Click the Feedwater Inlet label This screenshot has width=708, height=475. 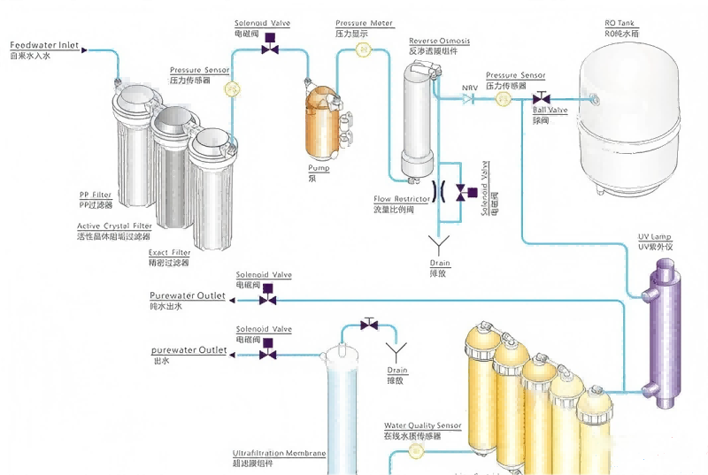(43, 44)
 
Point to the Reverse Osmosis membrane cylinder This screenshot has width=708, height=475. (417, 124)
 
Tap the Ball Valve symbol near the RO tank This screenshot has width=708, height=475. (545, 97)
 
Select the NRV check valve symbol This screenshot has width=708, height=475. (470, 100)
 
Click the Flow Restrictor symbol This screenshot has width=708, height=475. (437, 191)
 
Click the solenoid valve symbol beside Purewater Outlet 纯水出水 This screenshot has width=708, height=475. (265, 301)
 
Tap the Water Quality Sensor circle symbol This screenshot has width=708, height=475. (417, 451)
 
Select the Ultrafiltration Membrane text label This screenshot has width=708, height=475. (279, 454)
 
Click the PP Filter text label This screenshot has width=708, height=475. (96, 195)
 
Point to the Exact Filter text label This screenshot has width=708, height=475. (169, 253)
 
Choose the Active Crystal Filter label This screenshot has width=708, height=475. (114, 226)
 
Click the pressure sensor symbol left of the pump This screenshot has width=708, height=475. (232, 88)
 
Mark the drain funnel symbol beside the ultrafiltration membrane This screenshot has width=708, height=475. (398, 349)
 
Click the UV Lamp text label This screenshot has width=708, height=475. (655, 237)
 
